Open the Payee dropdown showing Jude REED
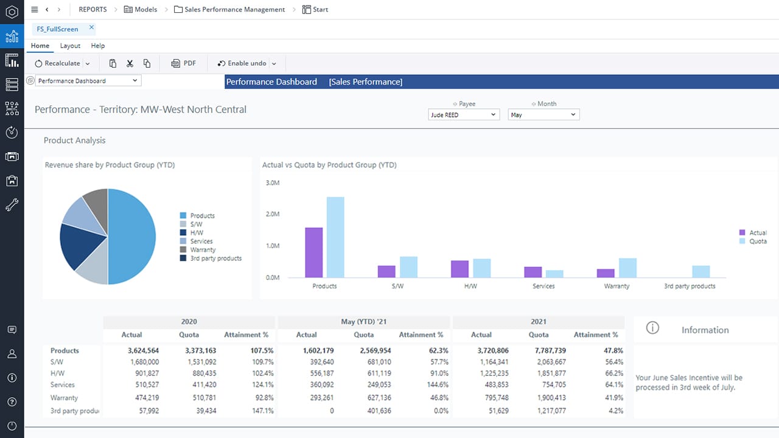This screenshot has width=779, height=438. click(464, 114)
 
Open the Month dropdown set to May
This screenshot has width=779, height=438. click(543, 114)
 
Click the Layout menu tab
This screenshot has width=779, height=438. click(70, 46)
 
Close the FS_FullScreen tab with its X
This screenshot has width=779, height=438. click(91, 27)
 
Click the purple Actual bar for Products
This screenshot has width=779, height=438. click(313, 252)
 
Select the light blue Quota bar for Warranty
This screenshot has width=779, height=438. click(627, 268)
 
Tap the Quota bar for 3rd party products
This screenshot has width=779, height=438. click(700, 271)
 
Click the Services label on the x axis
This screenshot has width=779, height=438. click(543, 286)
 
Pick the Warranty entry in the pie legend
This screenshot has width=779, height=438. click(203, 249)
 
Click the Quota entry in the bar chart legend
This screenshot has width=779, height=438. click(758, 241)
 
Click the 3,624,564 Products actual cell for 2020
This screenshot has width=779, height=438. click(143, 350)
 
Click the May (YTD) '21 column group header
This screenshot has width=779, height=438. click(364, 321)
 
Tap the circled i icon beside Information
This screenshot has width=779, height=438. click(652, 328)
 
